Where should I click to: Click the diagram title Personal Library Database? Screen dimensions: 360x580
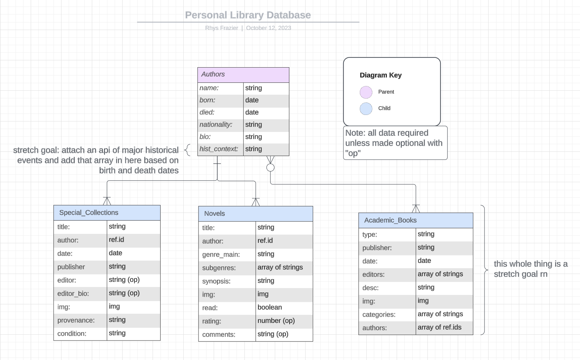pyautogui.click(x=248, y=15)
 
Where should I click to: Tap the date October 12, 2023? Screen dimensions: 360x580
pyautogui.click(x=268, y=28)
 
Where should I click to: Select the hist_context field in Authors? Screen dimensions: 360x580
pyautogui.click(x=219, y=149)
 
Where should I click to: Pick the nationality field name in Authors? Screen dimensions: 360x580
pyautogui.click(x=216, y=125)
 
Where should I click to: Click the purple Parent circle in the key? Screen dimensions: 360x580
pyautogui.click(x=366, y=92)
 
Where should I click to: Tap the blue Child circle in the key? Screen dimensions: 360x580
pyautogui.click(x=366, y=108)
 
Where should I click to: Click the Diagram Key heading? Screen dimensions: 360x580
pyautogui.click(x=380, y=75)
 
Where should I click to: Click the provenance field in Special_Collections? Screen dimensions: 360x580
pyautogui.click(x=76, y=320)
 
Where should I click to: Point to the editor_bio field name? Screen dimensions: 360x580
pyautogui.click(x=73, y=293)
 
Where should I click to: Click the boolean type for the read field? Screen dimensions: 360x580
pyautogui.click(x=269, y=307)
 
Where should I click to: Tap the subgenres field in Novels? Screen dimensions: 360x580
pyautogui.click(x=219, y=268)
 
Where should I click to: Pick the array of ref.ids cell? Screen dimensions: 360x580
pyautogui.click(x=439, y=327)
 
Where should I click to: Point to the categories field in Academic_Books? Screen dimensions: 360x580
pyautogui.click(x=379, y=314)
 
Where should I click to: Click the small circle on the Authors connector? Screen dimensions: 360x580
pyautogui.click(x=270, y=168)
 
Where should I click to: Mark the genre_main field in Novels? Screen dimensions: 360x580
pyautogui.click(x=221, y=254)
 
